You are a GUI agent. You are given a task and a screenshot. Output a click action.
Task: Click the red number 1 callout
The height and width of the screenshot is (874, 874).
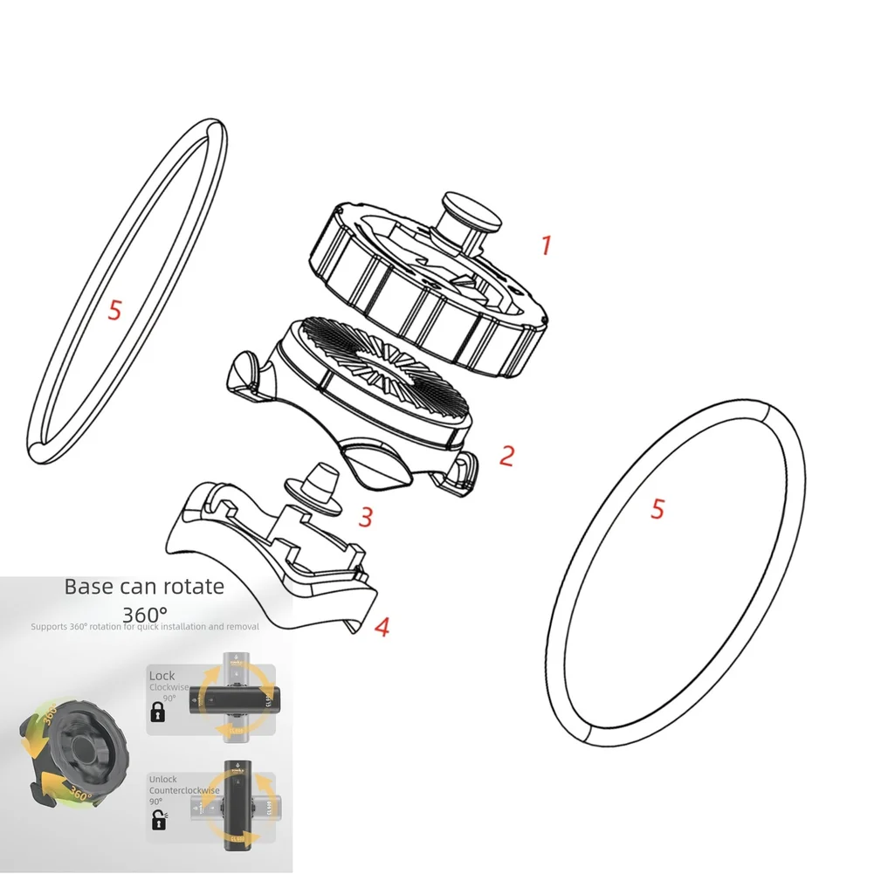[x=547, y=244]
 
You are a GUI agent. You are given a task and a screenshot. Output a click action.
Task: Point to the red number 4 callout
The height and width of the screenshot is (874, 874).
[x=382, y=626]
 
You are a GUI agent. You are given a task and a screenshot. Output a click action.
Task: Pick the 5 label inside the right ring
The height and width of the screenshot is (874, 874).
[x=657, y=509]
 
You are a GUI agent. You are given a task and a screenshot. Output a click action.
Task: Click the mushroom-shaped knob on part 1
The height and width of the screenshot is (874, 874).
[x=472, y=212]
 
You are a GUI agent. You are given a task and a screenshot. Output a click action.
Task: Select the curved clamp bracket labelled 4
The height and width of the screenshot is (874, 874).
[x=262, y=559]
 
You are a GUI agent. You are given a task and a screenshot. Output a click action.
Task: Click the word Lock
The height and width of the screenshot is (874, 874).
[x=162, y=676]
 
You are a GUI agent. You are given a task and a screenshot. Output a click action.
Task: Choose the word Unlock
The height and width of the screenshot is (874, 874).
[x=163, y=779]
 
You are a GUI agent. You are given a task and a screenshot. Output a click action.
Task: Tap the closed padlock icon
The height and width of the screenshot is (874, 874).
[x=158, y=713]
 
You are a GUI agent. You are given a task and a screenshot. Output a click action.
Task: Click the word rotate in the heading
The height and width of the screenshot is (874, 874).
[x=193, y=586]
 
